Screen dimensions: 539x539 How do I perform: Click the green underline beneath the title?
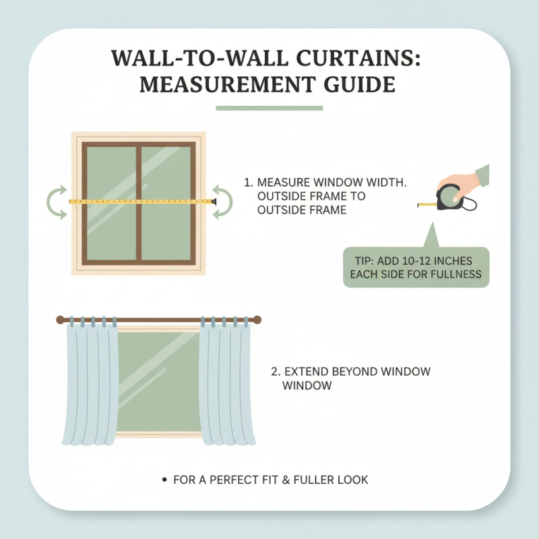click(269, 108)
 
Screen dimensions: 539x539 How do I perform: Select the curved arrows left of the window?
click(57, 202)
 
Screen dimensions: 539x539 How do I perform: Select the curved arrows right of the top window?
click(223, 202)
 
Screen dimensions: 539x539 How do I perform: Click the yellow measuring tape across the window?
click(141, 201)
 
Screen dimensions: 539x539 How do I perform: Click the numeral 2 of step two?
click(274, 372)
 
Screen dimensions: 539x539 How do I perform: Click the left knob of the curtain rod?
click(59, 320)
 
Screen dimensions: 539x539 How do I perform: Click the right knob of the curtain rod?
click(257, 320)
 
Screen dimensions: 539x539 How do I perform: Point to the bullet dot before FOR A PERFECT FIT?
click(164, 480)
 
